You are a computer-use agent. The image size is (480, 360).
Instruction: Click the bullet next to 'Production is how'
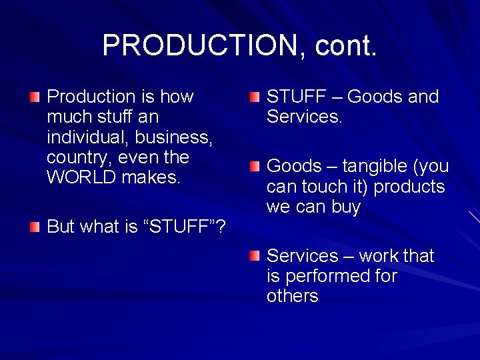click(34, 98)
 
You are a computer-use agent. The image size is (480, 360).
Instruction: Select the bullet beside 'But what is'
click(34, 227)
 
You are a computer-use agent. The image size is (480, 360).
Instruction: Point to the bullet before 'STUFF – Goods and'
click(254, 98)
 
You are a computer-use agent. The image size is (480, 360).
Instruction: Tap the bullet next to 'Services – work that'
click(254, 257)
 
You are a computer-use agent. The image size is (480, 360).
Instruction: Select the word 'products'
click(409, 187)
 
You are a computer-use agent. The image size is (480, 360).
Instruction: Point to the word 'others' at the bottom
click(293, 296)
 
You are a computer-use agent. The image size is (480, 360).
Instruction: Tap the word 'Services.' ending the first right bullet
click(304, 117)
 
